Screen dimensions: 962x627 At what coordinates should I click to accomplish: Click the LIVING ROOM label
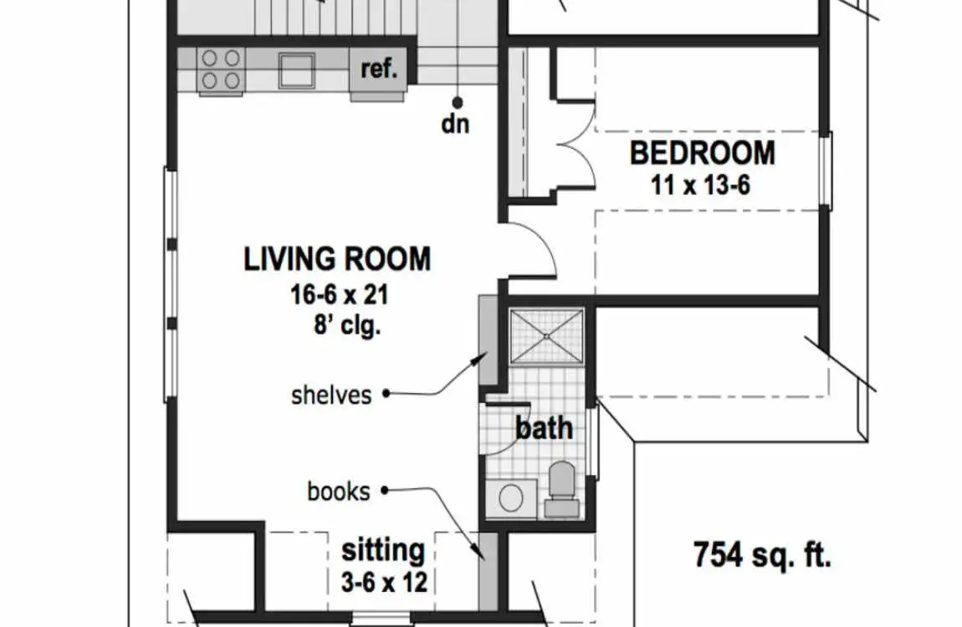pos(337,258)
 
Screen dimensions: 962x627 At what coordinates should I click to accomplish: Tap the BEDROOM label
pos(703,153)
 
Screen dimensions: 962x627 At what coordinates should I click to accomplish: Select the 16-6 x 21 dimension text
pos(340,295)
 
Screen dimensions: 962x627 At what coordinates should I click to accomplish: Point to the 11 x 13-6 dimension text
pos(700,184)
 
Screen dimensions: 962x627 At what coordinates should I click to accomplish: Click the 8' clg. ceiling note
pos(347,325)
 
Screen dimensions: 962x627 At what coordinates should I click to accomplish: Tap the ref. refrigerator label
pos(380,68)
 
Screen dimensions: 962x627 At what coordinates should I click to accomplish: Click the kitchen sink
pos(296,70)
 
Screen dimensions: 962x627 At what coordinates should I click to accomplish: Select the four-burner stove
pos(221,70)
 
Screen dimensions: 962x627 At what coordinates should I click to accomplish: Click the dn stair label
pos(455,124)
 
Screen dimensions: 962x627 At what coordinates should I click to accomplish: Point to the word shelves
pos(331,395)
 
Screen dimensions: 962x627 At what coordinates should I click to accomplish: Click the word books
pos(339,492)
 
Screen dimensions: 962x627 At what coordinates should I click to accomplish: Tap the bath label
pos(545,428)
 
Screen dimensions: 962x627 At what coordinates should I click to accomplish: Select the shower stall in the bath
pos(546,336)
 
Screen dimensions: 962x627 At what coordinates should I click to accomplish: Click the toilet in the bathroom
pos(561,488)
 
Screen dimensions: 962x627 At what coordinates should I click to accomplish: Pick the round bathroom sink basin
pos(511,497)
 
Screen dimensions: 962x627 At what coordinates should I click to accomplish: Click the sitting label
pos(383,550)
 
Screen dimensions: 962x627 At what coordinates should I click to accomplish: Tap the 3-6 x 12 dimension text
pos(384,582)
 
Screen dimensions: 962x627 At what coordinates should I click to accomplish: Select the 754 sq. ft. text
pos(763,554)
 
